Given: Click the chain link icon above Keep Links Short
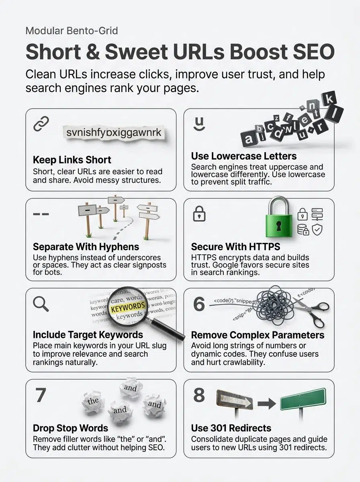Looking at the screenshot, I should click(41, 124).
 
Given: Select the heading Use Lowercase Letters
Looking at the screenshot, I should click(243, 156).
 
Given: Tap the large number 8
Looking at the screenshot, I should click(199, 395).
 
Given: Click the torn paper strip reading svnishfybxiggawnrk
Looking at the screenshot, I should click(114, 133).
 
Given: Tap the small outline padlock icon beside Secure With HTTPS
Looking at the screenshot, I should click(199, 214).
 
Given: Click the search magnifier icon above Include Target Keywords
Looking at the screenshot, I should click(41, 305).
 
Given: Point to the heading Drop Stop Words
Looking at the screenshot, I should click(70, 428).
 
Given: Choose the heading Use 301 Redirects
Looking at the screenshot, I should click(231, 428).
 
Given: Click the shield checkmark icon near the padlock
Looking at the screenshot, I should click(317, 229).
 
